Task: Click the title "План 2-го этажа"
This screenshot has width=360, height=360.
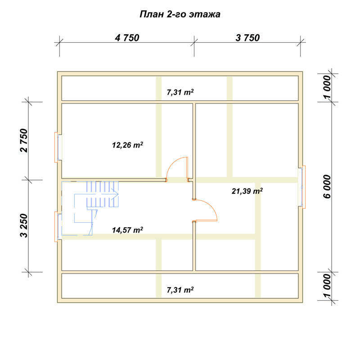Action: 180,14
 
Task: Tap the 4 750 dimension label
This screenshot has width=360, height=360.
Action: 127,38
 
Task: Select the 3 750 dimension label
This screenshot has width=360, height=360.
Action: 247,38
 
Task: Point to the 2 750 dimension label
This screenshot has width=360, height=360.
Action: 24,140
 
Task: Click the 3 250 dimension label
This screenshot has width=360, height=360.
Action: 24,226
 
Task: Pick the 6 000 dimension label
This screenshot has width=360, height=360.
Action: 327,186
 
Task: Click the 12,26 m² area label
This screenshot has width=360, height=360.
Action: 127,145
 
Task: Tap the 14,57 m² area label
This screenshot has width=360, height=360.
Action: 127,230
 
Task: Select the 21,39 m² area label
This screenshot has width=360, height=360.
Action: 247,191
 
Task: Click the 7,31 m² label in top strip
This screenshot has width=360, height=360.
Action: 180,92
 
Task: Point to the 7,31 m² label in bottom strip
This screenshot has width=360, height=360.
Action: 180,290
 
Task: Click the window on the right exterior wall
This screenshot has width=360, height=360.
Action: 301,187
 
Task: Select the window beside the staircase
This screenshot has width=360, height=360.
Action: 58,227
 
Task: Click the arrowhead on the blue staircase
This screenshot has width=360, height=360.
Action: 116,194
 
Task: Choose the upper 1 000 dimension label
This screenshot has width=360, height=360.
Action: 327,87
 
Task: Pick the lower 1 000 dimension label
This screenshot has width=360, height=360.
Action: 327,285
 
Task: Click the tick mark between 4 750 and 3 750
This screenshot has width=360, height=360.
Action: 194,42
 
